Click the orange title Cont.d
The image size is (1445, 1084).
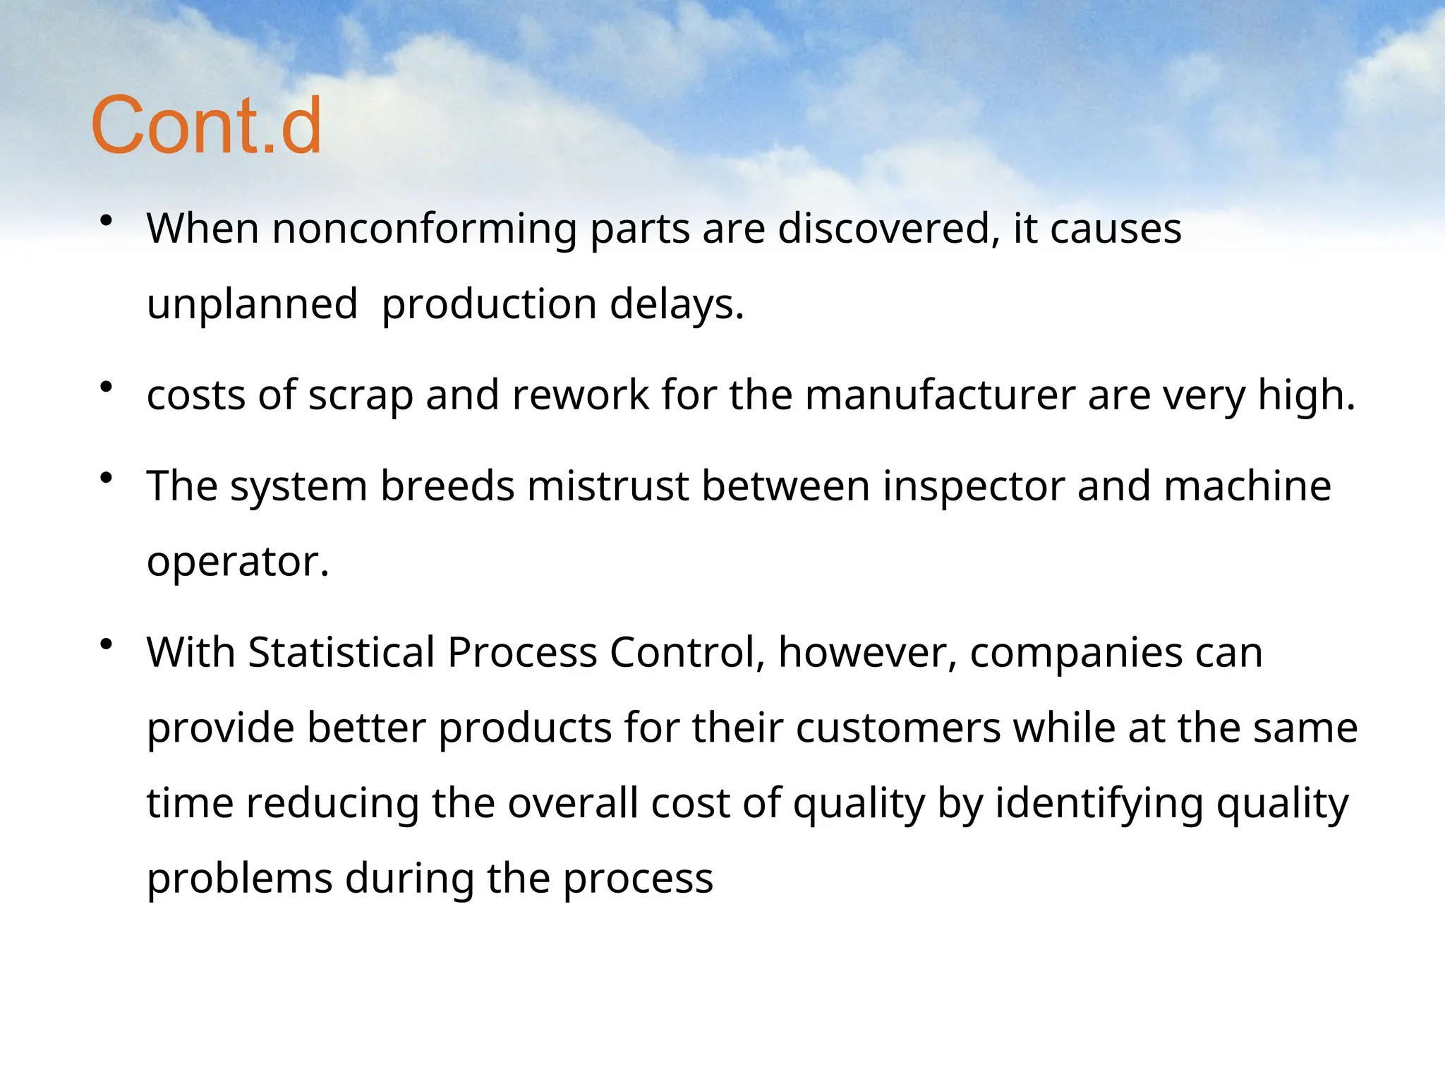[206, 126]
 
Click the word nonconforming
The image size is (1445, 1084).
[425, 229]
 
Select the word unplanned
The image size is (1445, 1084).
[252, 305]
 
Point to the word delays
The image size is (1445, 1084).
[676, 305]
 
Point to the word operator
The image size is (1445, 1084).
[237, 562]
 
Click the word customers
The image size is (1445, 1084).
[897, 728]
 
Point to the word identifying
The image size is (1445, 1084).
[1099, 805]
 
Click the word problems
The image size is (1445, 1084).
[239, 879]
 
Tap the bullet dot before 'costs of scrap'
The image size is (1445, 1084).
[107, 387]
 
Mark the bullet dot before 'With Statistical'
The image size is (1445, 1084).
[107, 644]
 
